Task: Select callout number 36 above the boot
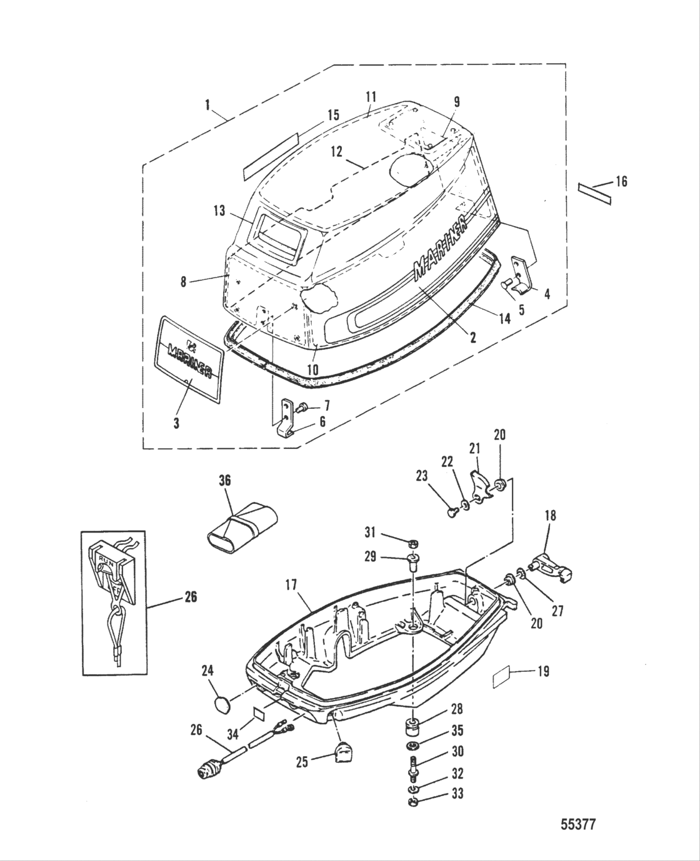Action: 224,480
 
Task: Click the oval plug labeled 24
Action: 221,704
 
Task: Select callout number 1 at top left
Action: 207,106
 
